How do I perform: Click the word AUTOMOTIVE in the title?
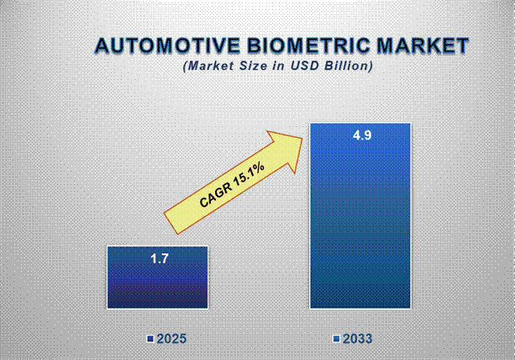tap(168, 45)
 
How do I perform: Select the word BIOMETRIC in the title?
tap(308, 45)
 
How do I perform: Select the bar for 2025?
tap(157, 278)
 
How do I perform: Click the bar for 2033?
tap(360, 215)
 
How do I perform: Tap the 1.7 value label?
tap(160, 259)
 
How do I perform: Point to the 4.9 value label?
tap(362, 135)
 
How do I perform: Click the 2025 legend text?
tap(171, 339)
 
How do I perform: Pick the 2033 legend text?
tap(357, 339)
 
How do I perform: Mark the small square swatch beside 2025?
tap(150, 339)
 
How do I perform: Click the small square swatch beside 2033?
tap(336, 339)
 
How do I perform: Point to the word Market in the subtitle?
tap(209, 66)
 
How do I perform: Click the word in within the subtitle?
tap(279, 66)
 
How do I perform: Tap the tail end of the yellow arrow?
tap(171, 225)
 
